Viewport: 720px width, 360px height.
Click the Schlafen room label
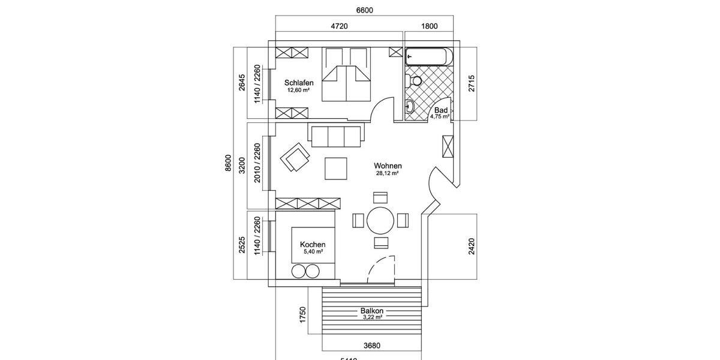click(x=299, y=83)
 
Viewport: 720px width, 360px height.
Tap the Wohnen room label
click(x=388, y=166)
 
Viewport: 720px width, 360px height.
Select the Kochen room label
click(x=313, y=244)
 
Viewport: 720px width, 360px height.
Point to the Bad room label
click(x=441, y=110)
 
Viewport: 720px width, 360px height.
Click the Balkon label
click(x=372, y=311)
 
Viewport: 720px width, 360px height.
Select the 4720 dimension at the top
click(x=340, y=26)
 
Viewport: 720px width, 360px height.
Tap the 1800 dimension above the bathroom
click(x=429, y=26)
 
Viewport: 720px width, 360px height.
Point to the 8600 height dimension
click(x=228, y=163)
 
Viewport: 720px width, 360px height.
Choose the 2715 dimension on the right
click(x=472, y=83)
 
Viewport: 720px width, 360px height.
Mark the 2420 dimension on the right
click(x=472, y=247)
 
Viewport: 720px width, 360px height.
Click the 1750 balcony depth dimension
click(x=303, y=315)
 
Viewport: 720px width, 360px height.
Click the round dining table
click(x=380, y=221)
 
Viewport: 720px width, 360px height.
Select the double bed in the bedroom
click(x=346, y=74)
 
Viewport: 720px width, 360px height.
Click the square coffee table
click(x=336, y=168)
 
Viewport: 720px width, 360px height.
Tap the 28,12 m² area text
click(x=388, y=173)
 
